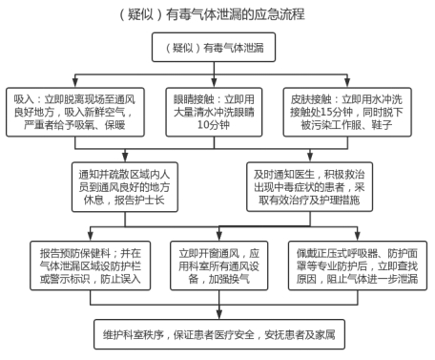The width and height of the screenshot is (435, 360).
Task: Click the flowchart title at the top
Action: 212,14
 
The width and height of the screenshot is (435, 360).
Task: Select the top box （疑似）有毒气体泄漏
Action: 214,47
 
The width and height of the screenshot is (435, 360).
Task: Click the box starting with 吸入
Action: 75,113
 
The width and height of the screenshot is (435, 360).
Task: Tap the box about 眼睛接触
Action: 214,113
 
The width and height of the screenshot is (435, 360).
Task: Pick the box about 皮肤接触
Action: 347,113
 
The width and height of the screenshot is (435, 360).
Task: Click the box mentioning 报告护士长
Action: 125,187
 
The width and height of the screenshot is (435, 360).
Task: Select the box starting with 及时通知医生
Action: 310,187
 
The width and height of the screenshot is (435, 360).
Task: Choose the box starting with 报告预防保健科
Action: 91,265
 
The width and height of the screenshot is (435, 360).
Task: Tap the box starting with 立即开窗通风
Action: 219,265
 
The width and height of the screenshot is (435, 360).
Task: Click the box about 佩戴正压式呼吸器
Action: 358,265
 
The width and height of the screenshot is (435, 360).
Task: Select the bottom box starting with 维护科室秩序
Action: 219,334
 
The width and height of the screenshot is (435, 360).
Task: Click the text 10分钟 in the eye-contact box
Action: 214,125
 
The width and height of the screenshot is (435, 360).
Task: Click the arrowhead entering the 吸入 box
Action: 75,83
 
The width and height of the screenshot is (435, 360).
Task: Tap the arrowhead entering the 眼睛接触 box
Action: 214,83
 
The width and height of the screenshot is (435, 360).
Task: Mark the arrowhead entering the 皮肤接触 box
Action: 347,83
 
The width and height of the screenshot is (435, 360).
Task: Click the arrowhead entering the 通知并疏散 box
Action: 125,158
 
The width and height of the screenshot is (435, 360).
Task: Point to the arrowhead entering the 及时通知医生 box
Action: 310,158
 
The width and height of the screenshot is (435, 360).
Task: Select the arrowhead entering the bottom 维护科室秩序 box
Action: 219,314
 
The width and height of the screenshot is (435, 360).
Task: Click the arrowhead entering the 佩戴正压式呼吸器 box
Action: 358,236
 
